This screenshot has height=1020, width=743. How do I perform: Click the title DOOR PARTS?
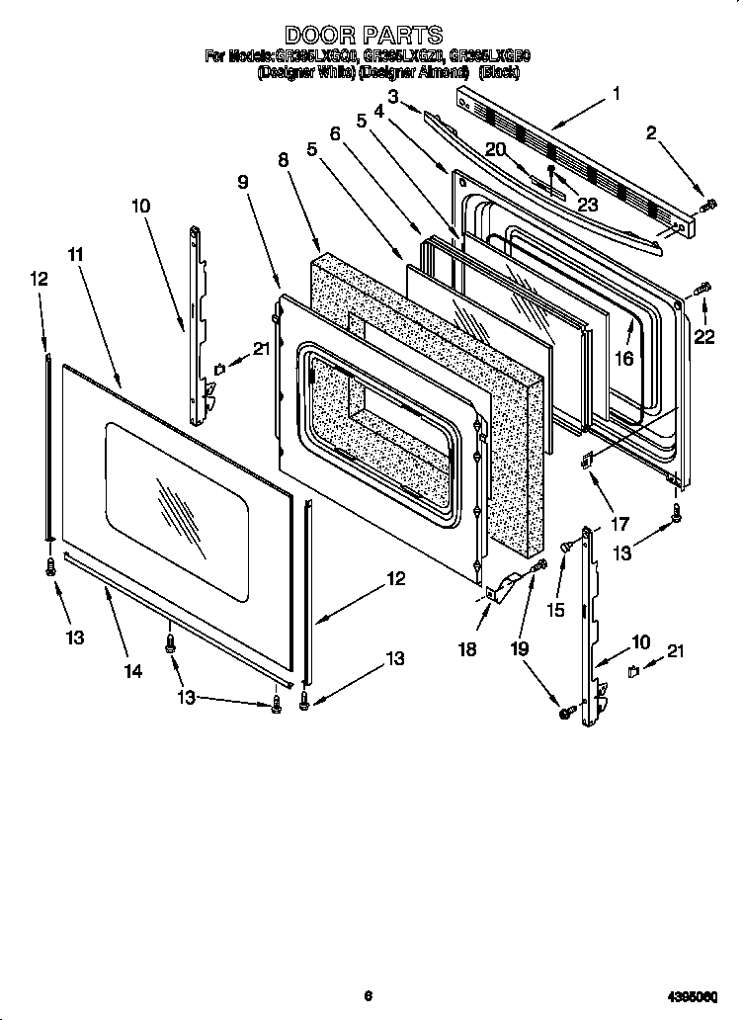(364, 37)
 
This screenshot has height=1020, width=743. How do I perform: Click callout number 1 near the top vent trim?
(617, 95)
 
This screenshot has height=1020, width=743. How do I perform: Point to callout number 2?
(651, 134)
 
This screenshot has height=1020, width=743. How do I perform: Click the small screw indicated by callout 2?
(707, 207)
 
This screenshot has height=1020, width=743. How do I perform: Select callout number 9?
(243, 182)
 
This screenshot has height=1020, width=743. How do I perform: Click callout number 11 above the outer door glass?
(73, 254)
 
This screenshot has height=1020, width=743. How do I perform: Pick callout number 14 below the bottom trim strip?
(133, 671)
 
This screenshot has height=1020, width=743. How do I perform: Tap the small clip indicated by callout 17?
(589, 460)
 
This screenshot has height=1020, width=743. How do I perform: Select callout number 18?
(468, 648)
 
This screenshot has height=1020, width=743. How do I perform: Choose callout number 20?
(496, 149)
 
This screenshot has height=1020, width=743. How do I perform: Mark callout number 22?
(703, 337)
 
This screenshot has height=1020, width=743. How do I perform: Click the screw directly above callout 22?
(703, 289)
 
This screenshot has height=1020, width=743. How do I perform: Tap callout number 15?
(555, 611)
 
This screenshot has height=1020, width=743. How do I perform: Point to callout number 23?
(589, 206)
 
